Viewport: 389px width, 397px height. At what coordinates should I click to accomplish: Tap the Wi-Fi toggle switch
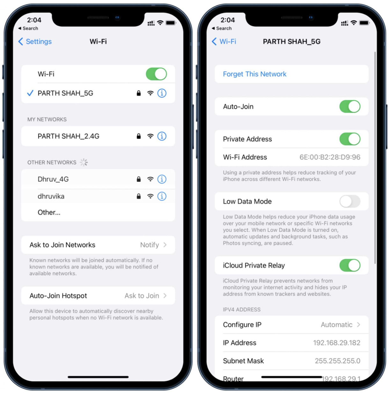click(x=156, y=74)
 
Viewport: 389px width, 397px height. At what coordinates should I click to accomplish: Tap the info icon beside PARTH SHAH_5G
click(x=162, y=93)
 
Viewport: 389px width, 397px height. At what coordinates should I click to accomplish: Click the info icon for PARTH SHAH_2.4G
click(x=162, y=136)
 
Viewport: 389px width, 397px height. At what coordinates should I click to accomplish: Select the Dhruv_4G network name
click(x=53, y=179)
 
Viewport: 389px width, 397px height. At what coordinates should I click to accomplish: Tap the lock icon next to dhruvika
click(x=139, y=196)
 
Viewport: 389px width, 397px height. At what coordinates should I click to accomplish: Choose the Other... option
click(x=49, y=213)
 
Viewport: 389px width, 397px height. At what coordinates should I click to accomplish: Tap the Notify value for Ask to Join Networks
click(x=150, y=245)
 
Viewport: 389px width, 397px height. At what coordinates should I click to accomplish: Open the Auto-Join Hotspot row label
click(x=58, y=296)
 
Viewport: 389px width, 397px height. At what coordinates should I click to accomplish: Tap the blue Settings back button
click(x=35, y=41)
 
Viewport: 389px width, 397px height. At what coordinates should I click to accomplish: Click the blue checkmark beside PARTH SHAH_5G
click(x=30, y=93)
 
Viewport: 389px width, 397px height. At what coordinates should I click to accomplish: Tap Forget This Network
click(x=255, y=74)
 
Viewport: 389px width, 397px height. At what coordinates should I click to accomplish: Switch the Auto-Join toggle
click(x=350, y=106)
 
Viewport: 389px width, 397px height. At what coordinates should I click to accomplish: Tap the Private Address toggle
click(x=350, y=139)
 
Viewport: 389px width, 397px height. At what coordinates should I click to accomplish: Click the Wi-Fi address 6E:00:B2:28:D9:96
click(x=330, y=157)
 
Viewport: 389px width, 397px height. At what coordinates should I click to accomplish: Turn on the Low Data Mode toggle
click(x=350, y=201)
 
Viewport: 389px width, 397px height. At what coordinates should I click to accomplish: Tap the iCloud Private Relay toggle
click(x=350, y=265)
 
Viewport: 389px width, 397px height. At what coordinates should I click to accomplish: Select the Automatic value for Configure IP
click(x=336, y=325)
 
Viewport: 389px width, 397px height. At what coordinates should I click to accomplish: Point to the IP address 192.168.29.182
click(x=337, y=343)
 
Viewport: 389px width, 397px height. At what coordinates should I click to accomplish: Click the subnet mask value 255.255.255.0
click(x=337, y=361)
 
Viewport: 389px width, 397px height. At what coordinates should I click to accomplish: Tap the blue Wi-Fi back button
click(x=224, y=41)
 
